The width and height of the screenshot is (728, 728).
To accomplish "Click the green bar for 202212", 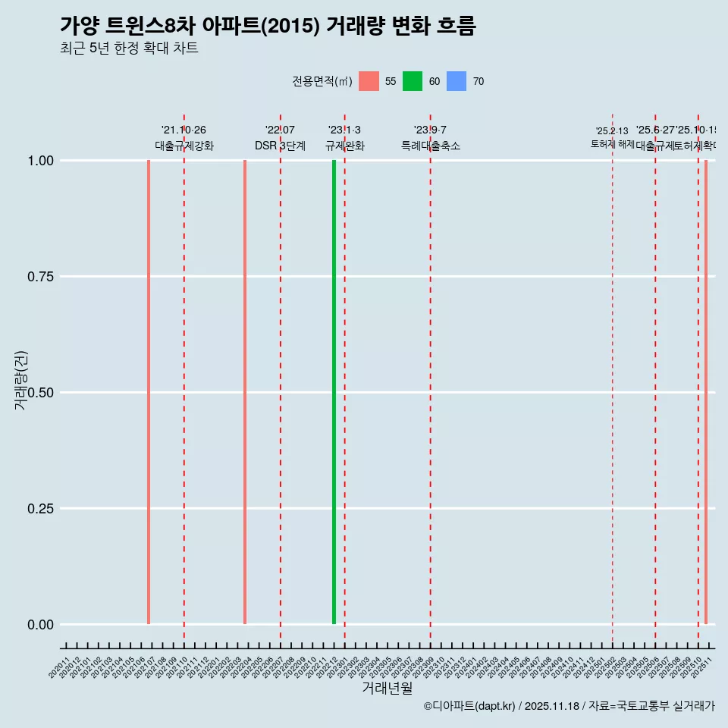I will (x=334, y=392).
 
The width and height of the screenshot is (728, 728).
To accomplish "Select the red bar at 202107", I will (x=149, y=392).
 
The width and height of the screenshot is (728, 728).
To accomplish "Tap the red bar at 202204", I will (x=245, y=392).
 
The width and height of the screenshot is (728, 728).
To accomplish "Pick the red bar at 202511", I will (x=706, y=392).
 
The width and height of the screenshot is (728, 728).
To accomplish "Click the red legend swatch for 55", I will (x=369, y=81).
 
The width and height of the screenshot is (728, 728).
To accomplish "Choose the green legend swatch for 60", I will (x=413, y=81).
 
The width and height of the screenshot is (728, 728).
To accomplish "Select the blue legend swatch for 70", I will (x=457, y=81).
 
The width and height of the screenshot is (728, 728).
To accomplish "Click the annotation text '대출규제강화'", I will (x=184, y=146).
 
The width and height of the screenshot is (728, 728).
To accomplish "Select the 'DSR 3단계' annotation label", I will (x=280, y=146).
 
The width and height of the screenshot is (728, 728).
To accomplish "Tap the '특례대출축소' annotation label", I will (x=431, y=146).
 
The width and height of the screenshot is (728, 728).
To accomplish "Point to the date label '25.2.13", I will (x=612, y=131).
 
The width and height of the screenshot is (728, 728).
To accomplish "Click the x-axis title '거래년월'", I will (x=387, y=688).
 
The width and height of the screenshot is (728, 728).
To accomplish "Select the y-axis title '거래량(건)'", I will (x=20, y=380).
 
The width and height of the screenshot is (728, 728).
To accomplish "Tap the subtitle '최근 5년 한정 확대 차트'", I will (x=129, y=49).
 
